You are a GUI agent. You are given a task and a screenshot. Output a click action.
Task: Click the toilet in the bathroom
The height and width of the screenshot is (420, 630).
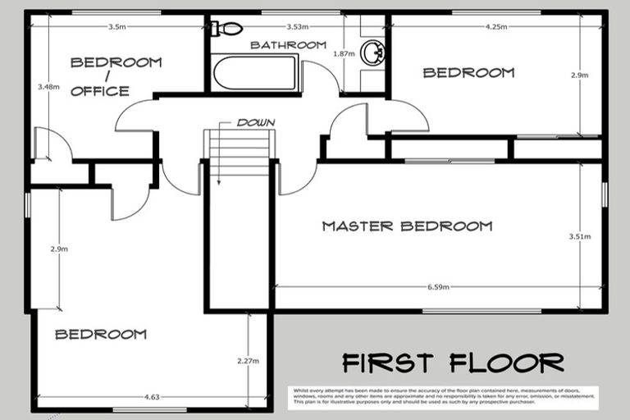pos(226,29)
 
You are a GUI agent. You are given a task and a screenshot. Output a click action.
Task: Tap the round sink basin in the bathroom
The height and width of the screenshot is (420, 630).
pos(373,52)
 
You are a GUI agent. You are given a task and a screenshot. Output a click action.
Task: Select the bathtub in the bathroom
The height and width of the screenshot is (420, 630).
pos(254,73)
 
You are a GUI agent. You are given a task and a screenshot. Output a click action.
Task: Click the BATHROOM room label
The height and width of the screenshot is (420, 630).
pos(288,45)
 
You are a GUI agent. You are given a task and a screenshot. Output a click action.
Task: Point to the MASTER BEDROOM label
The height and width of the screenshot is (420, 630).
pos(407,226)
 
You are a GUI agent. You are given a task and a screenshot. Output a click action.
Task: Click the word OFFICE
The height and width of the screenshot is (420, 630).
pos(100,91)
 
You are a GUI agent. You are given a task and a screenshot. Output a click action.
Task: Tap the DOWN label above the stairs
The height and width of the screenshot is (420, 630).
pos(255,122)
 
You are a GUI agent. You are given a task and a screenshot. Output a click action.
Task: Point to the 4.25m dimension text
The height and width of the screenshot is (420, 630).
pos(495,26)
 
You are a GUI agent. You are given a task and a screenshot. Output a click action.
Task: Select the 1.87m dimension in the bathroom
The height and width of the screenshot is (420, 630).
pos(344,53)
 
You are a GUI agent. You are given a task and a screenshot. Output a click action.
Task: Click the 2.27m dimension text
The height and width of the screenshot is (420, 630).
pos(248,360)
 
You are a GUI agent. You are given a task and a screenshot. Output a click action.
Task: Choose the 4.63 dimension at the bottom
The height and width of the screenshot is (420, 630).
pos(153,397)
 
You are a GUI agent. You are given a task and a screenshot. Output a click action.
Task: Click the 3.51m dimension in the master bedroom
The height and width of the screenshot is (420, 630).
pos(579,238)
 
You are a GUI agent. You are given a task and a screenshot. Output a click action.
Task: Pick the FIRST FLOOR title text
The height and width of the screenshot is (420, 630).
pos(453,362)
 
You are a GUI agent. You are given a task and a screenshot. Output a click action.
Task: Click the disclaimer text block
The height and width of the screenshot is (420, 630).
pos(442,395)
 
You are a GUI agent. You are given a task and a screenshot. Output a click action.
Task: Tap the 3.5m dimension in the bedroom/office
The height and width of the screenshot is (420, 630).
pos(116,26)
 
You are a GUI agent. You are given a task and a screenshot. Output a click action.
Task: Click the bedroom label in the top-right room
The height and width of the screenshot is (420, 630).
pos(468,73)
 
